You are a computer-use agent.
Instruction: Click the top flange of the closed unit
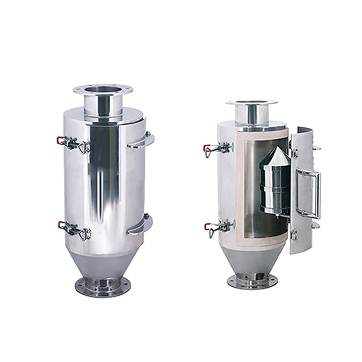click(103, 89)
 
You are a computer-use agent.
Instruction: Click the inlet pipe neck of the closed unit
click(103, 105)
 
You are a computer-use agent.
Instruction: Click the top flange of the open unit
click(252, 103)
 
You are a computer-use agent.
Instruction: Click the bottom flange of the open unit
click(252, 280)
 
